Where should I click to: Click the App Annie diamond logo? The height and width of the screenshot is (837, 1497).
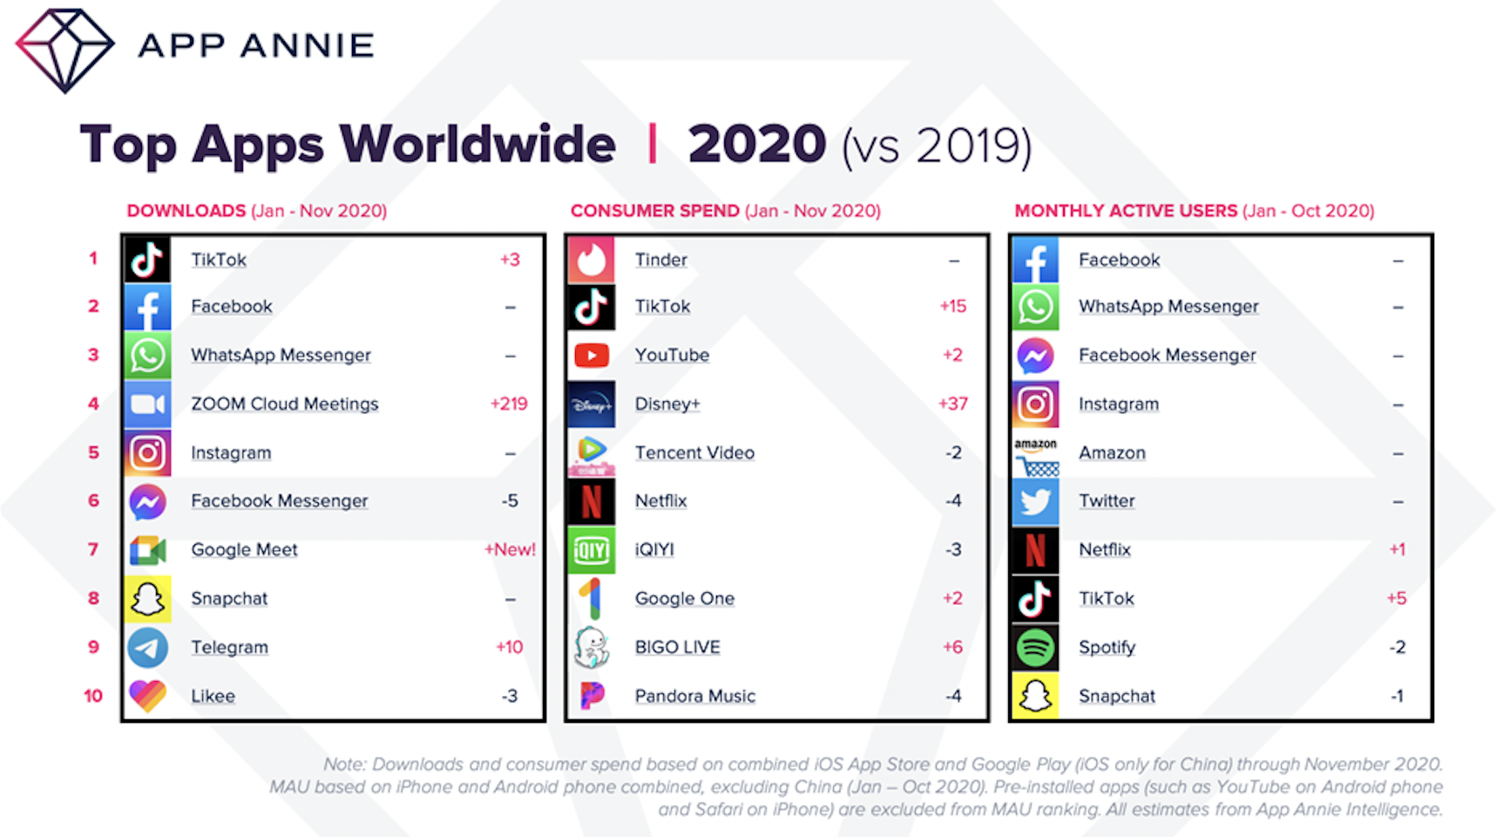click(x=64, y=50)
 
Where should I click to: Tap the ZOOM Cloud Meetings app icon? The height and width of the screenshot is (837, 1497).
click(x=147, y=404)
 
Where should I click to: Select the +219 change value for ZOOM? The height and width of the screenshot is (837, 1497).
click(x=509, y=404)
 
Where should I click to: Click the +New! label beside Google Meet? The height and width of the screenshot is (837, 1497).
click(x=510, y=549)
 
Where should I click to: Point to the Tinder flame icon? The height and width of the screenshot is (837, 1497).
click(x=592, y=260)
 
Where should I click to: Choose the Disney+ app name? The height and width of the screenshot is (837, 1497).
click(x=667, y=404)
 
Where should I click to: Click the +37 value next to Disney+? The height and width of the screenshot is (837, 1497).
click(x=952, y=404)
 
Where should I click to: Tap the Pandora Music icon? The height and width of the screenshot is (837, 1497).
click(x=592, y=696)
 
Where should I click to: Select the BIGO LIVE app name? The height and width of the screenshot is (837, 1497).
click(x=677, y=647)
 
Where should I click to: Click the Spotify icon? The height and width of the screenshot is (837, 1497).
click(x=1035, y=647)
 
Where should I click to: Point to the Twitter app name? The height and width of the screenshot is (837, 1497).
click(x=1107, y=500)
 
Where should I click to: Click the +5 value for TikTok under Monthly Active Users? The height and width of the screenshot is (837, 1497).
click(x=1397, y=598)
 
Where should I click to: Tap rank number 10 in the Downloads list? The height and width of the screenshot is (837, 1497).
click(x=93, y=696)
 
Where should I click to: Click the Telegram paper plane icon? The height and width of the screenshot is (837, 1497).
click(x=147, y=647)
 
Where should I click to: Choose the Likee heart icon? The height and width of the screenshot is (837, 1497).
click(x=147, y=696)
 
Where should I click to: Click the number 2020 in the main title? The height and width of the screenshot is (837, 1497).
click(x=756, y=144)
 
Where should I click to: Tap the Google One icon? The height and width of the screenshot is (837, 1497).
click(x=592, y=598)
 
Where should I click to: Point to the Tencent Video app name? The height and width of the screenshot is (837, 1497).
click(x=694, y=453)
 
